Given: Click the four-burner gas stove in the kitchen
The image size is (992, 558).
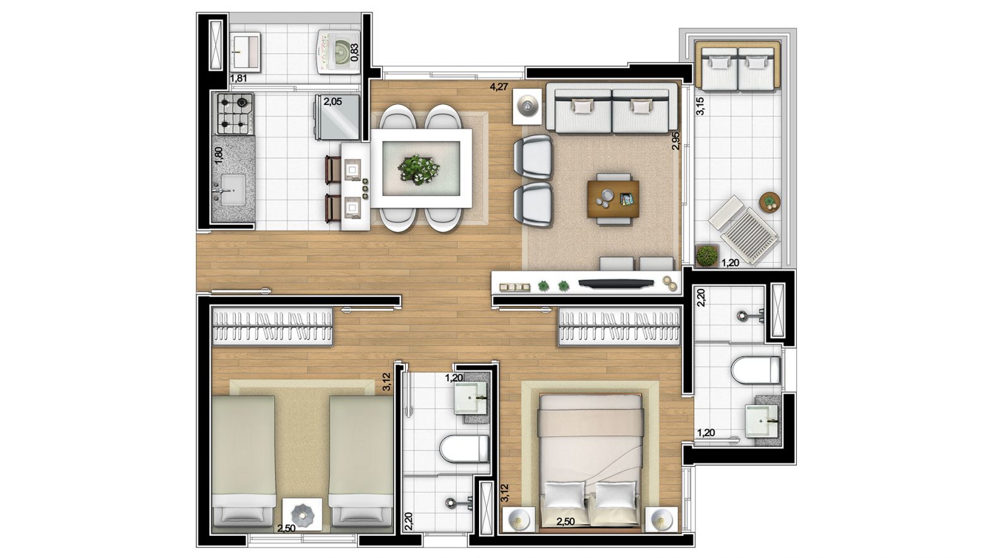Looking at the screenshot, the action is point(234,113).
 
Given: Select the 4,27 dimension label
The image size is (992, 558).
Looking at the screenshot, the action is point(499,87).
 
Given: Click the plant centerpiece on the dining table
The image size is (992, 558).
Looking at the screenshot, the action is point(418,169).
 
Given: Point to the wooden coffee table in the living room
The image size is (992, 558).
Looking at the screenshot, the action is point(614,199).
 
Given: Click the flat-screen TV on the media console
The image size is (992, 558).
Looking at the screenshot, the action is point(616,284).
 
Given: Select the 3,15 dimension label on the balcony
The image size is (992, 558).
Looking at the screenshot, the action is point(701,106).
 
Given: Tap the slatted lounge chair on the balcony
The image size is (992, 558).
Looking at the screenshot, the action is point(744,230).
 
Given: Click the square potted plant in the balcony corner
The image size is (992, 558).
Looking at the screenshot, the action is point(706,256).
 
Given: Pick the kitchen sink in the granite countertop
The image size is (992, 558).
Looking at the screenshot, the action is point(232,190).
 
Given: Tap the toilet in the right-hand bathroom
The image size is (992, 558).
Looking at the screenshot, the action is point(756,369).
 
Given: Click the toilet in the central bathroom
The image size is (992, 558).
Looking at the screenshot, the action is point(464,449).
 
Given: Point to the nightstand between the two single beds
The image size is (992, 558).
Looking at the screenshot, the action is point(303,514).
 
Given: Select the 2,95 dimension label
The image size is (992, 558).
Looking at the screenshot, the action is point(675,141).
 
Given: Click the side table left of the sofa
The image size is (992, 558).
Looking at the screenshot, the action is point(527,107).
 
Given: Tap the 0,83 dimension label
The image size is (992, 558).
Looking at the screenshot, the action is point(354,52).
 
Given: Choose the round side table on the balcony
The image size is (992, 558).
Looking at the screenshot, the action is point(770,202).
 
